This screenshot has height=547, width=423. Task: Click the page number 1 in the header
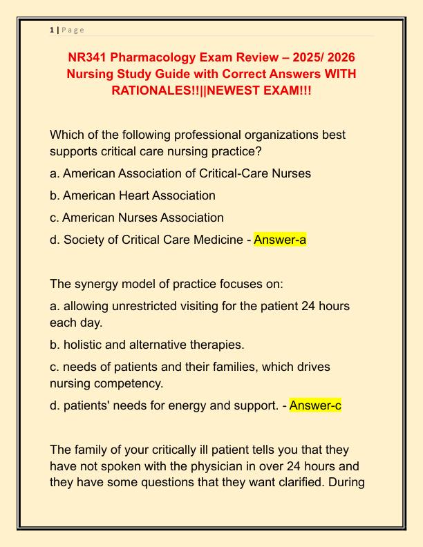52,30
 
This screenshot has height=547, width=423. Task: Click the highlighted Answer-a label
279,240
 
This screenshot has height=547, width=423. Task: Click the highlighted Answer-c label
315,405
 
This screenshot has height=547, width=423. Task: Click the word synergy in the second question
98,282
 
